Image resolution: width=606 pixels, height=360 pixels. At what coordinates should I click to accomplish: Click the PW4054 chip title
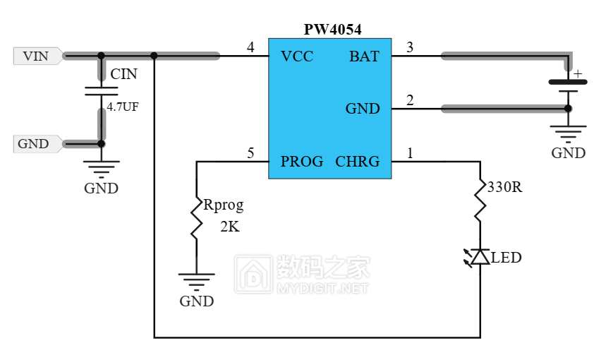pos(332,30)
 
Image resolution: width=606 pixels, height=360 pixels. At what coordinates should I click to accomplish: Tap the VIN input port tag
pos(38,56)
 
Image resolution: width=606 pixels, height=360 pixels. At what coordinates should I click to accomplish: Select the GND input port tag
pos(38,144)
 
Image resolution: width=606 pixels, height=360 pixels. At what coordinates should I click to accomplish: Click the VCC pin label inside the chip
pos(297,56)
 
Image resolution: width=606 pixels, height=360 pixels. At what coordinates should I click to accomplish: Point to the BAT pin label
pos(364,56)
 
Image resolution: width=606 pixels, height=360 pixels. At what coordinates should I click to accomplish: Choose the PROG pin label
pos(302,162)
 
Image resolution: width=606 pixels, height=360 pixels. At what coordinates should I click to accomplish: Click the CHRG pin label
pos(358,162)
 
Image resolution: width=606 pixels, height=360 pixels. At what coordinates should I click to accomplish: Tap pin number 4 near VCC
pos(250,47)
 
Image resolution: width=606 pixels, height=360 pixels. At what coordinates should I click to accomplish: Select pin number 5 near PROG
pos(250,153)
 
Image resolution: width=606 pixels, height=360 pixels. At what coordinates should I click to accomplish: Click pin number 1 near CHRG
pos(410,153)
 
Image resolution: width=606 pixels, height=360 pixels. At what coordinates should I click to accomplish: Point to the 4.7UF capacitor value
pos(123,107)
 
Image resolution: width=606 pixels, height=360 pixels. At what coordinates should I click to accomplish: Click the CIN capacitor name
pos(123,74)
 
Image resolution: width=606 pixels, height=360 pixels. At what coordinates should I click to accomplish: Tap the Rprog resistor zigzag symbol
pos(197,219)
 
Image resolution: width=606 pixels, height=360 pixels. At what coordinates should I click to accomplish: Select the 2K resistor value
pos(230,227)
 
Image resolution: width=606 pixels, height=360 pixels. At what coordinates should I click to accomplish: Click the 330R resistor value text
pos(504,187)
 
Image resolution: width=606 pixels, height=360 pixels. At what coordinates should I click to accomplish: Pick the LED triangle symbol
pos(480,257)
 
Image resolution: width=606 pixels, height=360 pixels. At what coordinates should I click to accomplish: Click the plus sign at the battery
pos(577,73)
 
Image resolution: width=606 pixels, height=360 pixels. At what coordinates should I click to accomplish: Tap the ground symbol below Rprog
pos(197,282)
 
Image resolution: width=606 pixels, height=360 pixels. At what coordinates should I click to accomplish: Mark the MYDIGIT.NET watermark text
pos(322,288)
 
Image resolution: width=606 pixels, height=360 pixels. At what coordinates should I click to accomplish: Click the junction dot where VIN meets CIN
pos(102,56)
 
